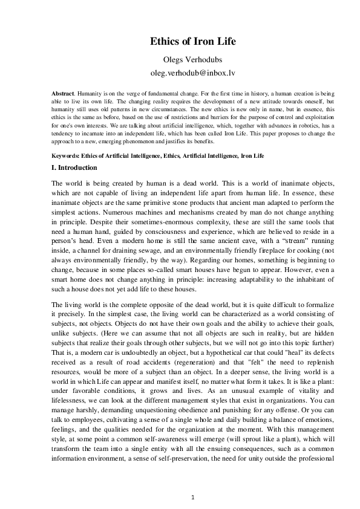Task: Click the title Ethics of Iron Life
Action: pos(180,42)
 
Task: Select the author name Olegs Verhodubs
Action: pos(180,58)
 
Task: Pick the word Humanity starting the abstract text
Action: pos(89,96)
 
